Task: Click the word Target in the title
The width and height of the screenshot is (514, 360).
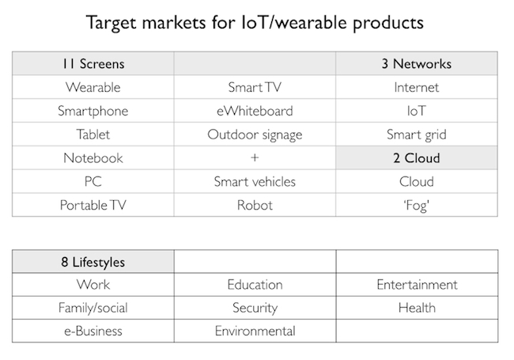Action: pyautogui.click(x=111, y=23)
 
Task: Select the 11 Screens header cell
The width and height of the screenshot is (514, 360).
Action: pyautogui.click(x=93, y=63)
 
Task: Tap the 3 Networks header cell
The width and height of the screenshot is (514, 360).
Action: pyautogui.click(x=416, y=63)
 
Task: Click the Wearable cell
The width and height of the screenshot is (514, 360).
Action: pyautogui.click(x=93, y=87)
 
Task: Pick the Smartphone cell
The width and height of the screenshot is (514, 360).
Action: pyautogui.click(x=93, y=111)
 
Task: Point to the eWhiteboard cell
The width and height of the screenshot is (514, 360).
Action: pyautogui.click(x=255, y=111)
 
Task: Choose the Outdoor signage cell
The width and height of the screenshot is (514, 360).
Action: pyautogui.click(x=255, y=135)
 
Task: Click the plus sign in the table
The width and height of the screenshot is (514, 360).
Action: pyautogui.click(x=255, y=157)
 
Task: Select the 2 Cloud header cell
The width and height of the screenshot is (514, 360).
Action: pyautogui.click(x=416, y=158)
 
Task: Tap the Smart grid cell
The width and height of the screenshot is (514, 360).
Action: pyautogui.click(x=416, y=135)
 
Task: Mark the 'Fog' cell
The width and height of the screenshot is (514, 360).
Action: pyautogui.click(x=416, y=205)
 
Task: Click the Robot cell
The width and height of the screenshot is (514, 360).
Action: pyautogui.click(x=255, y=205)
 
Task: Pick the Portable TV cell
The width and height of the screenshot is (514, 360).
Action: pyautogui.click(x=93, y=205)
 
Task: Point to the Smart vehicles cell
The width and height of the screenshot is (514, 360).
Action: pyautogui.click(x=255, y=182)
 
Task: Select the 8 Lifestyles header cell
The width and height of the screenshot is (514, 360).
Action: pyautogui.click(x=93, y=262)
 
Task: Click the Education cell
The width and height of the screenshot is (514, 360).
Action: pyautogui.click(x=255, y=285)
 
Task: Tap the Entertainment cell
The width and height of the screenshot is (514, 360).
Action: pyautogui.click(x=417, y=285)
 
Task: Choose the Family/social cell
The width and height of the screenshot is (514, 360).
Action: pyautogui.click(x=93, y=308)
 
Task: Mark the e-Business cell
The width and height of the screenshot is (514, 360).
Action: pyautogui.click(x=93, y=332)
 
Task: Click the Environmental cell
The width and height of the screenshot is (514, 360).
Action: pyautogui.click(x=255, y=332)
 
